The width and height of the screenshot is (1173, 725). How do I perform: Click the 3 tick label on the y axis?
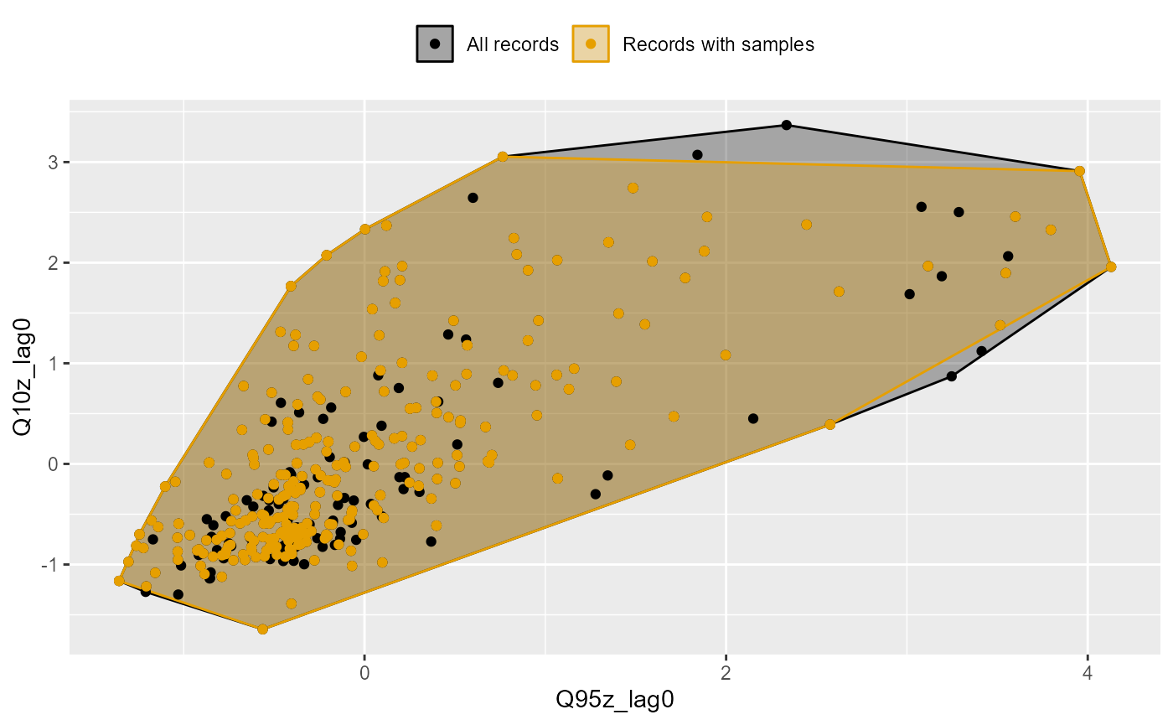[x=52, y=162]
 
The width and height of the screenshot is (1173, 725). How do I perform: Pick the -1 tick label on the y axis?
[x=49, y=564]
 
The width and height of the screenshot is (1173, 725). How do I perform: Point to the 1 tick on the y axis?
[x=52, y=363]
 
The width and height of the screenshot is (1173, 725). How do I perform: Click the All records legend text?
[x=513, y=44]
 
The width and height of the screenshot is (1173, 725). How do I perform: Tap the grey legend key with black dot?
[x=434, y=44]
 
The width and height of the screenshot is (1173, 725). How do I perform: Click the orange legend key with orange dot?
[x=591, y=44]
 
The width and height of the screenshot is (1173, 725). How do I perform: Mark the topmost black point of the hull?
[x=786, y=125]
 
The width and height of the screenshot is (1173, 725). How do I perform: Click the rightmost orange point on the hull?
[x=1111, y=267]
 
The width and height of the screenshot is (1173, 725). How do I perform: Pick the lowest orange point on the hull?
[x=262, y=629]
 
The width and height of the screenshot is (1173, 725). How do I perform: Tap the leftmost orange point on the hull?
[x=119, y=581]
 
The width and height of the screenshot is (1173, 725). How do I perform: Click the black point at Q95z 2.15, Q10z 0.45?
[x=753, y=418]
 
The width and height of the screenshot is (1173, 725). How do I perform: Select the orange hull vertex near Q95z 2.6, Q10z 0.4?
[x=829, y=424]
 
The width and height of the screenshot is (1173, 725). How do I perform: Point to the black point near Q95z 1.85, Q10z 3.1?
[x=697, y=154]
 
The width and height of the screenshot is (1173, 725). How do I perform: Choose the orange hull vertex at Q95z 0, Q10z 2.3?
[x=364, y=229]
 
